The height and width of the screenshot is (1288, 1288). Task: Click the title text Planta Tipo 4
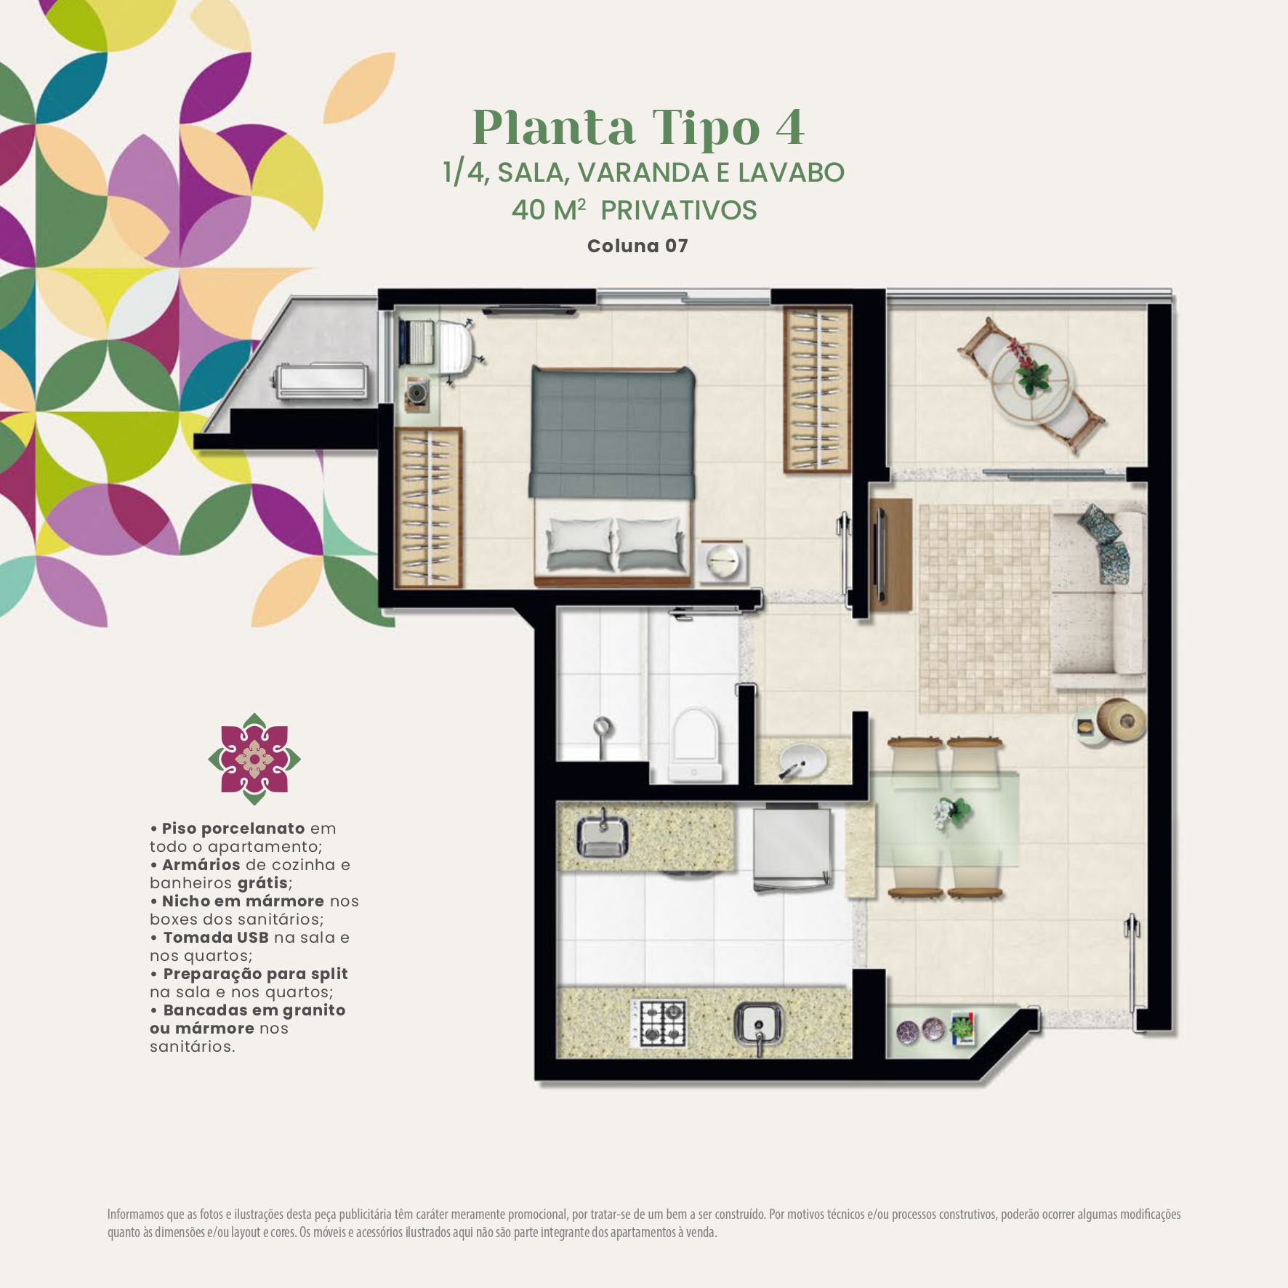(x=638, y=128)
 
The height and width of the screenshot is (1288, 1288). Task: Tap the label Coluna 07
(x=637, y=246)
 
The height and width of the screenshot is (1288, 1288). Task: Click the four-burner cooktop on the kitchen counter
(x=659, y=1023)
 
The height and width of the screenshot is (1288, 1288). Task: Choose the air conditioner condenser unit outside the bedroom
(x=321, y=380)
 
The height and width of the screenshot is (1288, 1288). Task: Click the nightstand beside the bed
(x=722, y=561)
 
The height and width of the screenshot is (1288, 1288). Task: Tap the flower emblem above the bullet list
(x=254, y=759)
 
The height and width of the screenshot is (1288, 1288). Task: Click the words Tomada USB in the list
(x=216, y=938)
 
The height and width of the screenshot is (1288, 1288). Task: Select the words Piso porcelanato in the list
(x=233, y=829)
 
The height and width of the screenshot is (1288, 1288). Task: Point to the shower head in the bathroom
(x=603, y=727)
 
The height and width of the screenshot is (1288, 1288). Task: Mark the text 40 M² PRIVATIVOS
(x=635, y=210)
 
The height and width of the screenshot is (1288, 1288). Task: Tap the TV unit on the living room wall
(x=891, y=556)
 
